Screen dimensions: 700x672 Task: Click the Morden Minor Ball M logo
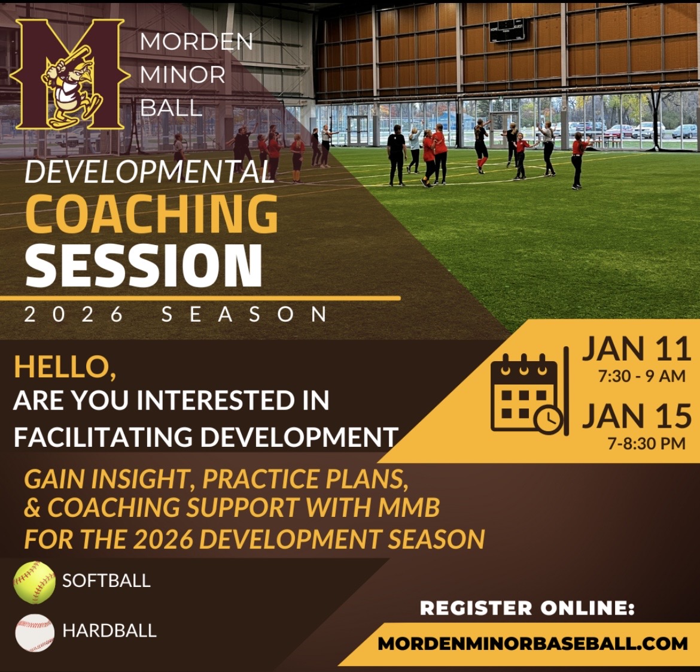[67, 74]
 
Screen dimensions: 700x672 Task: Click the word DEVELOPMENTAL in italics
[148, 171]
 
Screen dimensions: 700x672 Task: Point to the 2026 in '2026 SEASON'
[74, 314]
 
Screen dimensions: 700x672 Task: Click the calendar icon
[526, 393]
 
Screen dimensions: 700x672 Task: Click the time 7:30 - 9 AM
[641, 376]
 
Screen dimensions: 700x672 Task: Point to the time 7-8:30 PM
[646, 444]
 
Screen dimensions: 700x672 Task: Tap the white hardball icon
[35, 632]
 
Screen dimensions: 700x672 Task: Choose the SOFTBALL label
[106, 580]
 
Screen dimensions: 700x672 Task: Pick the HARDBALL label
[109, 631]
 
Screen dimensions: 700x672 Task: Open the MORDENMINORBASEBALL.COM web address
[532, 643]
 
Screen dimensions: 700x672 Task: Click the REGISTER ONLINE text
[527, 608]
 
